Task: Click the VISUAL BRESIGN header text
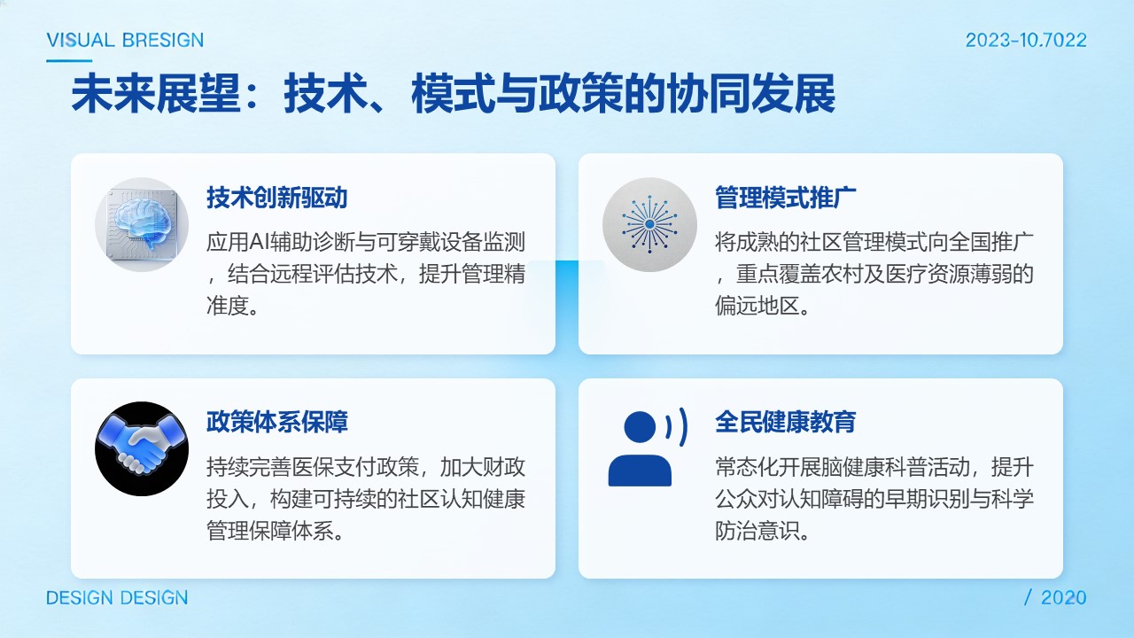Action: tap(125, 40)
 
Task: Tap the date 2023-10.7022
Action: tap(1026, 40)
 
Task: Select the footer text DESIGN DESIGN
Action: tap(117, 598)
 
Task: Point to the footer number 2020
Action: tap(1064, 598)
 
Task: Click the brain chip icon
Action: tap(142, 224)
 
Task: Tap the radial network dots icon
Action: tap(649, 224)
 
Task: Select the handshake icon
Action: tap(142, 448)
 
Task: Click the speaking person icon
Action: tap(648, 447)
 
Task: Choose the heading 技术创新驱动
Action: tap(277, 198)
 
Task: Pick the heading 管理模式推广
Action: tap(785, 198)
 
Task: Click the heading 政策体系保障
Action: tap(277, 422)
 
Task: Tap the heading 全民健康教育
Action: tap(785, 422)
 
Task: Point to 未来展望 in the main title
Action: tap(156, 94)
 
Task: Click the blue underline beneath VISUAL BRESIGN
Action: tap(69, 61)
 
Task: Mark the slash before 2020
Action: tap(1028, 598)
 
